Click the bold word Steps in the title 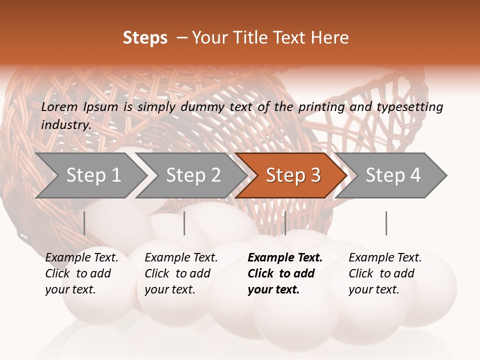145,38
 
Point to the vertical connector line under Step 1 84,223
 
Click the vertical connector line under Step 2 184,223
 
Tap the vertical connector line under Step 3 285,223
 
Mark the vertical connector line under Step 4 386,223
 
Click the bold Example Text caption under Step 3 285,273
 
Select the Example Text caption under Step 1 81,273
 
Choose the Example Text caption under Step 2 181,273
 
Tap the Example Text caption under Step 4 385,273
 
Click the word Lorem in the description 59,107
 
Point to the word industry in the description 65,125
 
